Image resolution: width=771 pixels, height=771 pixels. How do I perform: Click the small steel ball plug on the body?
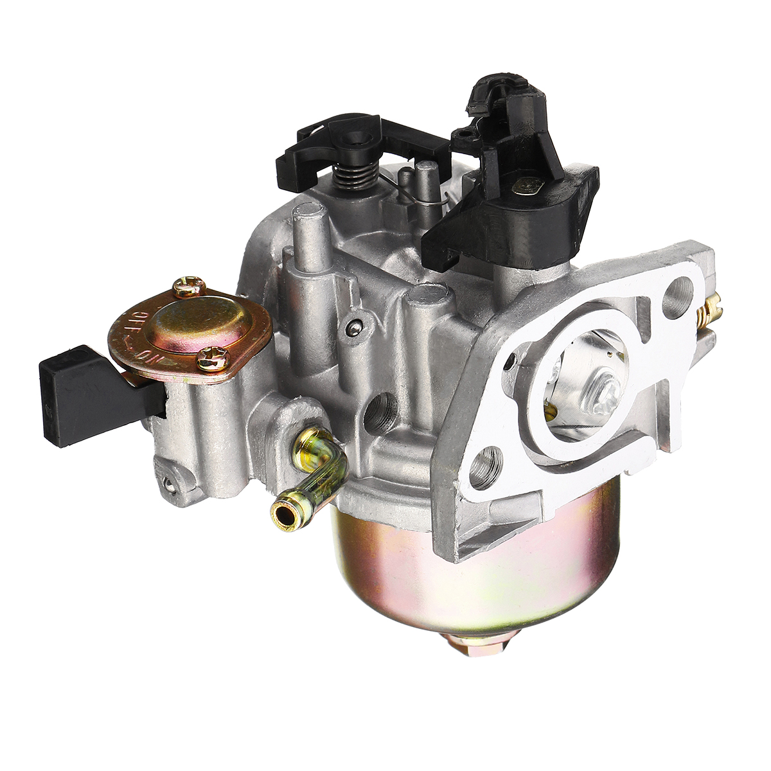353,329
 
